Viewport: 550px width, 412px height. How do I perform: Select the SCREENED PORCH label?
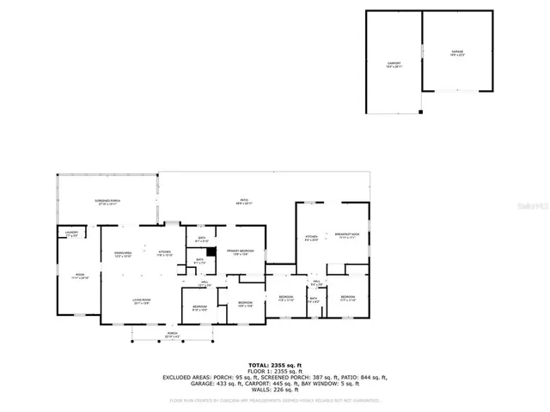[x=107, y=203]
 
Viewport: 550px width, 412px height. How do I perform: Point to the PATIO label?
[x=244, y=203]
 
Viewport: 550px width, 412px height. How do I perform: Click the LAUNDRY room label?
[x=71, y=233]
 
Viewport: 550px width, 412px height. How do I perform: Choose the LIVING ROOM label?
[x=141, y=301]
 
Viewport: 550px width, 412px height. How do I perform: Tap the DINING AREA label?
[x=123, y=254]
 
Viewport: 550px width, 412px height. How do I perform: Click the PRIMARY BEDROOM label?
[x=241, y=251]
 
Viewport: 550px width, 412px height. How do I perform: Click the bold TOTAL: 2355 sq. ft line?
[x=274, y=364]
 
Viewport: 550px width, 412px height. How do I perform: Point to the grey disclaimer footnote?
[x=275, y=399]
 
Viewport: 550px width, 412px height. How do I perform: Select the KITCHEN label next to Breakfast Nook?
[x=310, y=237]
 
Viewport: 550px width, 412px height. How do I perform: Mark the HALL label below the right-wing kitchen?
[x=315, y=282]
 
